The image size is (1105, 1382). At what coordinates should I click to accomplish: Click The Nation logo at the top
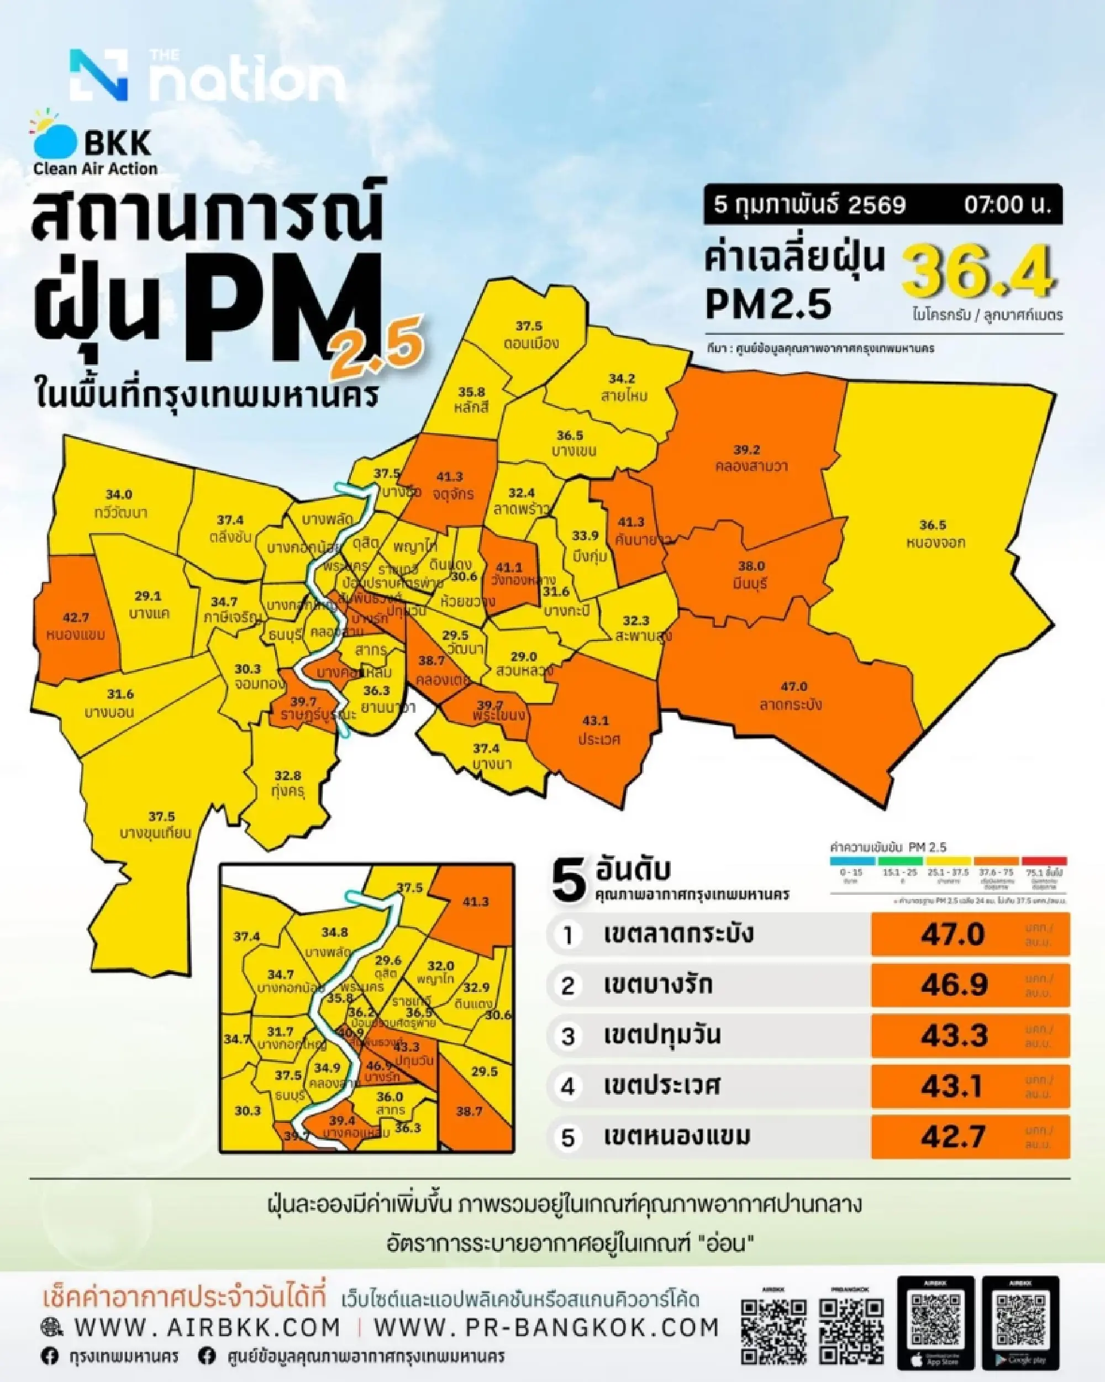pos(207,76)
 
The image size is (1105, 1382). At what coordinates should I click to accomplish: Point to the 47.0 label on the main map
pos(793,686)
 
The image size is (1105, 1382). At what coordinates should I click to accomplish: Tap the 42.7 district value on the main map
pos(76,617)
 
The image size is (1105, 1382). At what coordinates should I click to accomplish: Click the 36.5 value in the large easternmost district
pos(933,525)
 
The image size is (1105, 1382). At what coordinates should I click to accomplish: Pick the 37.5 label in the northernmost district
pos(529,325)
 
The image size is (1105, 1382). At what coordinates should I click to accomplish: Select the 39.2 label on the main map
pos(747,449)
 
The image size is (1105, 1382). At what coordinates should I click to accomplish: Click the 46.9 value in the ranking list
pos(954,985)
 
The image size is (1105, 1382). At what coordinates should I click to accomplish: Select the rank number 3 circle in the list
pos(568,1036)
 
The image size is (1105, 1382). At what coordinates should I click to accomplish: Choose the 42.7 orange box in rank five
pos(970,1137)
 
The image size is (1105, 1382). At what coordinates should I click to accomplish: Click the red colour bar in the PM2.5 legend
pos(1044,861)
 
